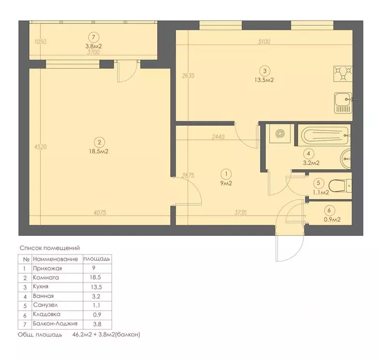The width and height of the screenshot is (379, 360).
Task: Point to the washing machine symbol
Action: pos(280,135)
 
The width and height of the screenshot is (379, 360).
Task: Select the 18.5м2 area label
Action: pos(99,152)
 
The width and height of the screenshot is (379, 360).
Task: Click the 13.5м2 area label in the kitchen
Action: pos(265,80)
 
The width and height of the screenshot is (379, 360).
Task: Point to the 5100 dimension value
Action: pos(264,42)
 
